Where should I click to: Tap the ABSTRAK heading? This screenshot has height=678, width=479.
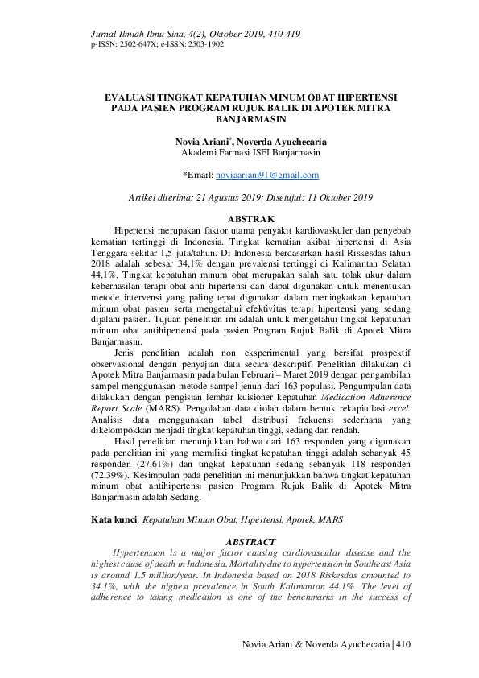click(x=252, y=219)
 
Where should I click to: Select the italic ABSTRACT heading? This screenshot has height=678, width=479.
click(x=251, y=543)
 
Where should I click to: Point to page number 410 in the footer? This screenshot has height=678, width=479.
click(x=403, y=644)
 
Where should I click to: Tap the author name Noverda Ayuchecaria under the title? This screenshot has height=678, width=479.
click(x=282, y=142)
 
